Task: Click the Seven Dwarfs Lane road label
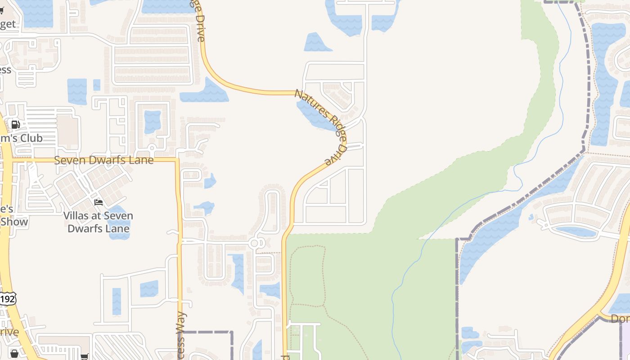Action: pyautogui.click(x=104, y=160)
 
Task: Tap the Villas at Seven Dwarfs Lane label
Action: pyautogui.click(x=98, y=222)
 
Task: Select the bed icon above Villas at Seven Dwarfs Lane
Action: pyautogui.click(x=99, y=202)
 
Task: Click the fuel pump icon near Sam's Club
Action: pyautogui.click(x=15, y=125)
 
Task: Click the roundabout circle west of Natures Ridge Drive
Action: pyautogui.click(x=255, y=243)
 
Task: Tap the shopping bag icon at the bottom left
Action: pyautogui.click(x=14, y=354)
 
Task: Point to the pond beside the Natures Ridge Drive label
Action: pyautogui.click(x=315, y=115)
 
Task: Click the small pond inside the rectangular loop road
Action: pyautogui.click(x=153, y=122)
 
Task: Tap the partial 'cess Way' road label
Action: pyautogui.click(x=181, y=335)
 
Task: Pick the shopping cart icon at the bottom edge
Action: pyautogui.click(x=84, y=356)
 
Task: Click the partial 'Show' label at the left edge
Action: pyautogui.click(x=13, y=221)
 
